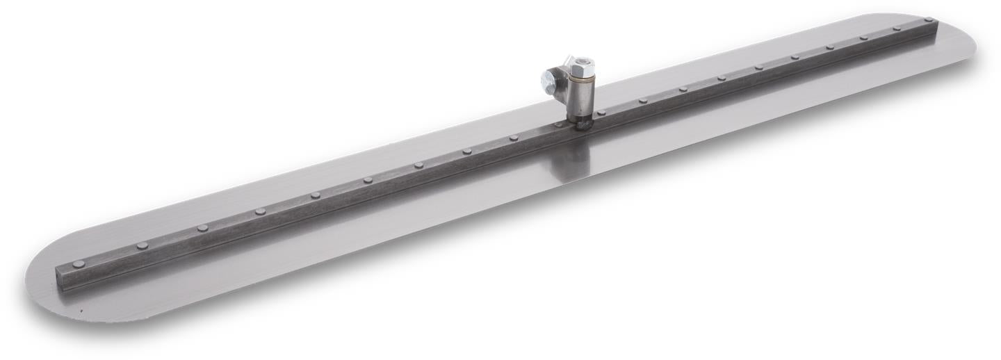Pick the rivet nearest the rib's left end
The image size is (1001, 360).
[79, 263]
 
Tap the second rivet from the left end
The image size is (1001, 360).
[142, 245]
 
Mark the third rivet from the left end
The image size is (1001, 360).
[202, 228]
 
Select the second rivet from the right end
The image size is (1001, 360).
[897, 28]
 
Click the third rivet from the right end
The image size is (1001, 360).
[863, 38]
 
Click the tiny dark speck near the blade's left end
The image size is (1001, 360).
[81, 311]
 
